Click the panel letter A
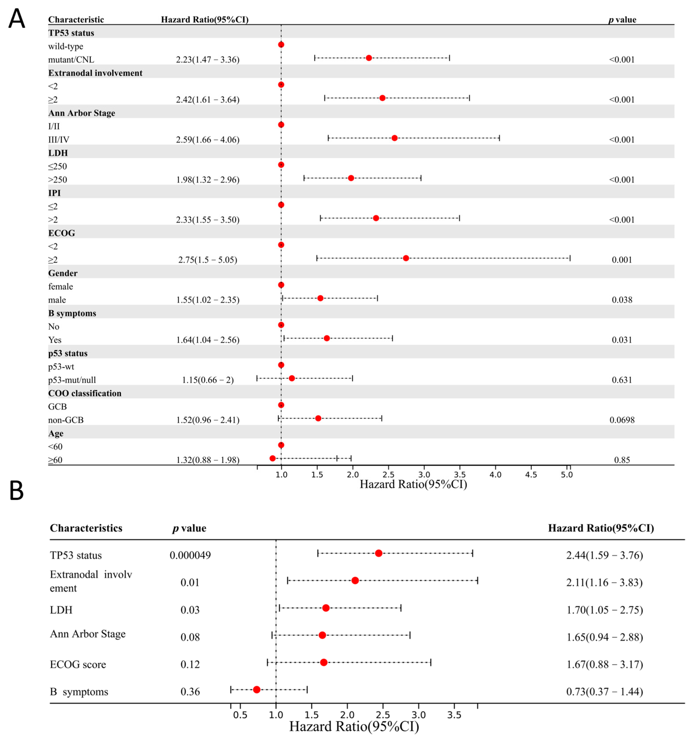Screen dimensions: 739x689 16,19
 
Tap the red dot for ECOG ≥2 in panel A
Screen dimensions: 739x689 406,258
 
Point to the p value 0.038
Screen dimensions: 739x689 622,300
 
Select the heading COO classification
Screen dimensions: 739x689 85,393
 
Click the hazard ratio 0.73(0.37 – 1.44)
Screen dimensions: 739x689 604,691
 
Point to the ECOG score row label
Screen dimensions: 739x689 78,664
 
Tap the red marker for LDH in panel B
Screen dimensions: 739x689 326,608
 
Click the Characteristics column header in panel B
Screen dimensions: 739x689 86,528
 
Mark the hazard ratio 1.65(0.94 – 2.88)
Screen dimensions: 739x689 604,637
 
